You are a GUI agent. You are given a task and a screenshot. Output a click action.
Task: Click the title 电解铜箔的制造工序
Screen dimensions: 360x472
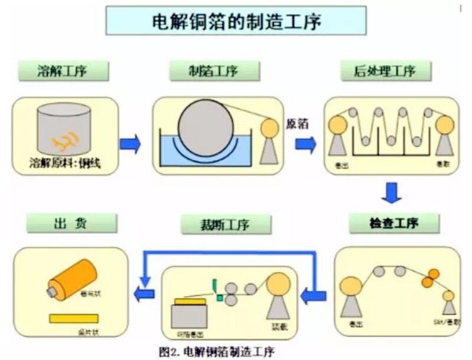pyautogui.click(x=236, y=20)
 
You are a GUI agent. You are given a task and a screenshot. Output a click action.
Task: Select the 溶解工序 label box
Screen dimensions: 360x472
pyautogui.click(x=60, y=70)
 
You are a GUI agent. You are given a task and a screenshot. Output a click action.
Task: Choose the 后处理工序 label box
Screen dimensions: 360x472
pyautogui.click(x=386, y=70)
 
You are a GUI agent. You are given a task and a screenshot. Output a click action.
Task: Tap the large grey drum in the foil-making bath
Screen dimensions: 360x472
pyautogui.click(x=205, y=124)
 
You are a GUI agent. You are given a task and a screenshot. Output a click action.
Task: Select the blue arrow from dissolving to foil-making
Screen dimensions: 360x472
pyautogui.click(x=130, y=144)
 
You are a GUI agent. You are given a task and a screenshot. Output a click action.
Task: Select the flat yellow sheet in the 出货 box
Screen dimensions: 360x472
pyautogui.click(x=74, y=318)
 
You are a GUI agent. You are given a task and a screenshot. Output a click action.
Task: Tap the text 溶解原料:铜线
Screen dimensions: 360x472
pyautogui.click(x=65, y=165)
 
